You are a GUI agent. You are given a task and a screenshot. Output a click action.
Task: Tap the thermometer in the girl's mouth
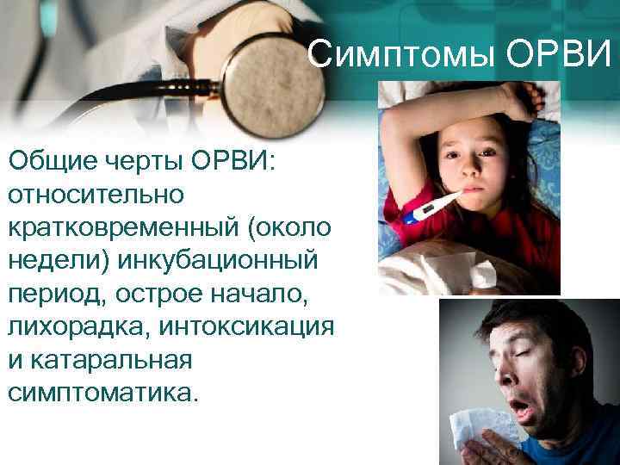pos(434,210)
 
